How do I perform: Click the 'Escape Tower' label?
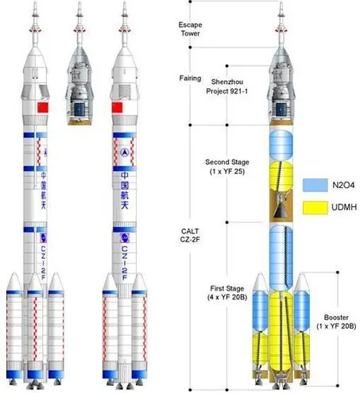click(190, 29)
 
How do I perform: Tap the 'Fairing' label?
click(190, 79)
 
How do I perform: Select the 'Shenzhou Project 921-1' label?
click(227, 87)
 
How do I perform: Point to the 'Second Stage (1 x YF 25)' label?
click(227, 167)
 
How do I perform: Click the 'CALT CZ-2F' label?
click(190, 235)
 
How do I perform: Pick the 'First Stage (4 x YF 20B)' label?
click(227, 293)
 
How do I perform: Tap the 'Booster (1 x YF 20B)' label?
click(336, 322)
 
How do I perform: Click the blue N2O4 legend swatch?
click(315, 185)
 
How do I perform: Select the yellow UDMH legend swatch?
click(315, 207)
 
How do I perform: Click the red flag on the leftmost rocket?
click(43, 107)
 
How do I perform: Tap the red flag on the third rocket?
click(117, 107)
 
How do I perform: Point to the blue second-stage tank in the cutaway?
click(281, 145)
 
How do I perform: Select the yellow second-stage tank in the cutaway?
click(281, 176)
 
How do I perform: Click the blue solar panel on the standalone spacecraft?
click(79, 110)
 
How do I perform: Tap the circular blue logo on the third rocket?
click(125, 152)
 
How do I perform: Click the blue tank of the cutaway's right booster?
click(302, 311)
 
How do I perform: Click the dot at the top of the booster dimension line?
click(338, 272)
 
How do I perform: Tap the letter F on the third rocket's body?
click(125, 277)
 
